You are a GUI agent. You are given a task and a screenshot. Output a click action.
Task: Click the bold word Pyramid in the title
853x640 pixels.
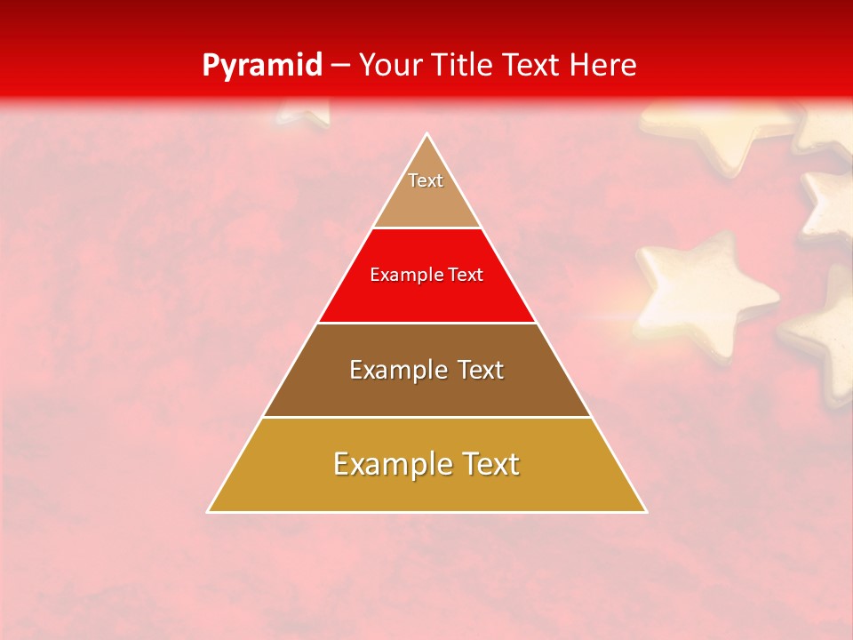pyautogui.click(x=261, y=66)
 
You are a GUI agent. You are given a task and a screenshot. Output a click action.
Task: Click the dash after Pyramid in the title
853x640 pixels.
pyautogui.click(x=339, y=67)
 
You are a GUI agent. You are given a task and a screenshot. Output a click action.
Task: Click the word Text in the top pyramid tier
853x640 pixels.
pyautogui.click(x=426, y=180)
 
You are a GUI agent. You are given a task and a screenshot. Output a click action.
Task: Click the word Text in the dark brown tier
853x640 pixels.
pyautogui.click(x=479, y=370)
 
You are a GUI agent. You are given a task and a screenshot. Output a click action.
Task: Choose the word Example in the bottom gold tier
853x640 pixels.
pyautogui.click(x=389, y=464)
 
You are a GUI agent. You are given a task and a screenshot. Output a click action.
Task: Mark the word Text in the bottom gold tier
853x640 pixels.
pyautogui.click(x=490, y=464)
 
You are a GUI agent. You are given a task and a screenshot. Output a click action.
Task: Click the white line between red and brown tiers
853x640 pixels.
pyautogui.click(x=427, y=323)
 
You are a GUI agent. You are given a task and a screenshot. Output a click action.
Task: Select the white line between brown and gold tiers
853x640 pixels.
pyautogui.click(x=427, y=417)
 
